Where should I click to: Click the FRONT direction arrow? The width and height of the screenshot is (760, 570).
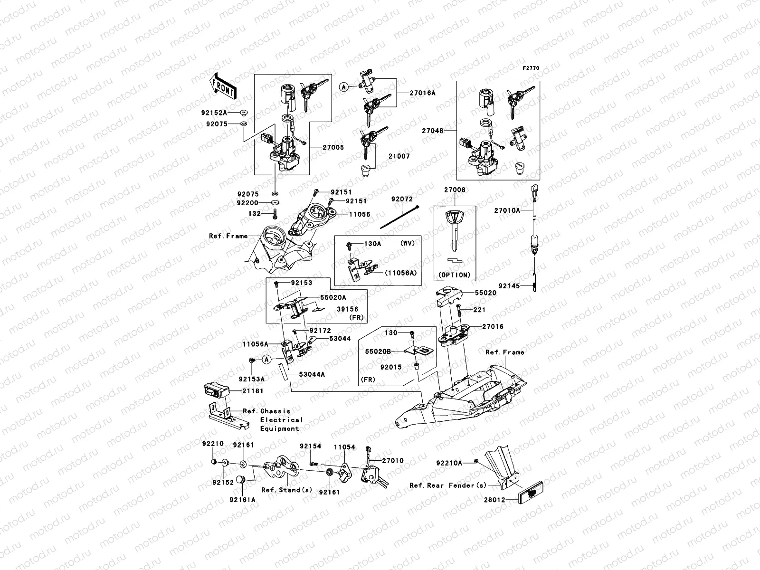click(224, 84)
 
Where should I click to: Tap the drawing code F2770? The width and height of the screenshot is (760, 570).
click(531, 68)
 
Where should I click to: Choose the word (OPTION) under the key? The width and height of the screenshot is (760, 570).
click(454, 275)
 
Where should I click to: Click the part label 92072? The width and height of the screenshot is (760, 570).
click(402, 199)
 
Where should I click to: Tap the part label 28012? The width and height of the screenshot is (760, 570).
click(494, 500)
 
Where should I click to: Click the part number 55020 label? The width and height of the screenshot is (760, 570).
click(485, 293)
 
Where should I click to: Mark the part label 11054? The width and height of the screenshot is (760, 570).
click(344, 447)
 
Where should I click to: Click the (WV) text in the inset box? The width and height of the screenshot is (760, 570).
click(408, 243)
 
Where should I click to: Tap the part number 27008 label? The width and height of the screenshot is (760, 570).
click(455, 190)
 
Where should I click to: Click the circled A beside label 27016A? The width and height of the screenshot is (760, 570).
click(344, 87)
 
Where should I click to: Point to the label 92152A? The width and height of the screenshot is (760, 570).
click(214, 113)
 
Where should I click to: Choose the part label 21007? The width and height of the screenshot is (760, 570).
click(399, 156)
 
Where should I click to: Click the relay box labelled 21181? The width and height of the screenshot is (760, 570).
click(216, 389)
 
